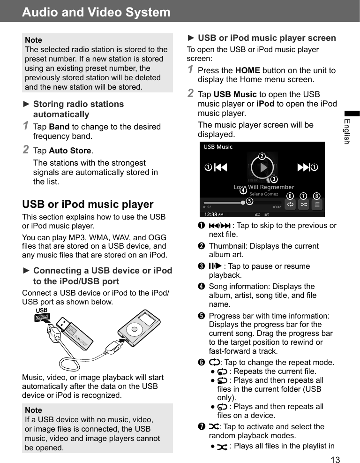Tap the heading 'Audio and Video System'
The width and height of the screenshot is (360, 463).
(x=96, y=12)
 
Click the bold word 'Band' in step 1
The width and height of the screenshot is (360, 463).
(x=59, y=127)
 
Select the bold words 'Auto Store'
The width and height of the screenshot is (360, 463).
(x=70, y=151)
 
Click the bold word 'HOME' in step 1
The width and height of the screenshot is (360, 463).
(x=247, y=70)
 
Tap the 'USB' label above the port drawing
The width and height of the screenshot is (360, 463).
(x=42, y=311)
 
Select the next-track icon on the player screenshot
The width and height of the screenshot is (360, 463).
(x=303, y=167)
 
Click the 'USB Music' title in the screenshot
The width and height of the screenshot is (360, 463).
(x=218, y=147)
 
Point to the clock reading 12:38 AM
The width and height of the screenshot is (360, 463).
(x=214, y=213)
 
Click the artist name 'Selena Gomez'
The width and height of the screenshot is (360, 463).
(x=263, y=194)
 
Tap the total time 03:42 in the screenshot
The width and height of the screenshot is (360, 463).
(x=277, y=206)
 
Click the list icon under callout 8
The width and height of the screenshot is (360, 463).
(x=317, y=205)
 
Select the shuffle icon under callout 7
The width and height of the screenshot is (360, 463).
(x=303, y=205)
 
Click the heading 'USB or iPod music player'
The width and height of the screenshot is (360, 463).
(x=88, y=204)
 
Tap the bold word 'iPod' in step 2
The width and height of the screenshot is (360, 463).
(x=266, y=104)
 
